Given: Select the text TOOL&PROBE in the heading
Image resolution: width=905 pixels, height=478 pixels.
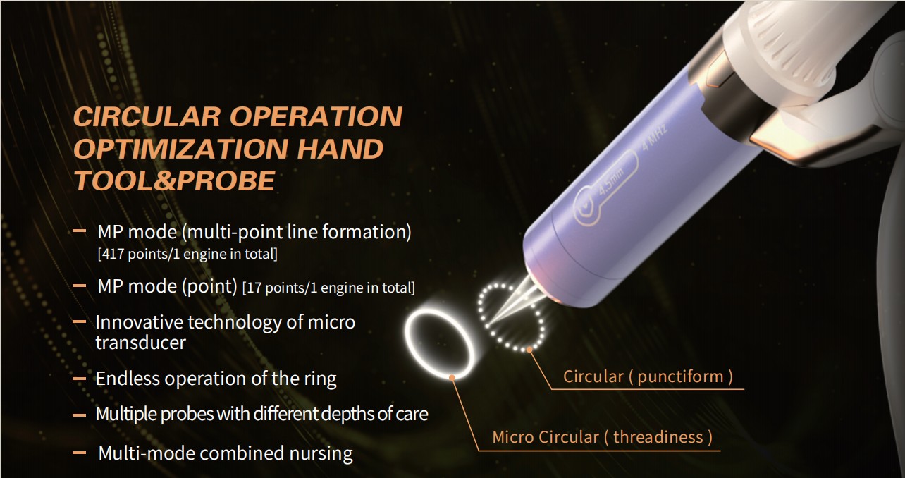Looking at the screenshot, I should coord(174,180).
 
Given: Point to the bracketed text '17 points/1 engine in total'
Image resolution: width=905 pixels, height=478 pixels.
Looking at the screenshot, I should coord(328,288).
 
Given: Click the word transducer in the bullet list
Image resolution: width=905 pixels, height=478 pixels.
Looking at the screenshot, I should coord(140,343).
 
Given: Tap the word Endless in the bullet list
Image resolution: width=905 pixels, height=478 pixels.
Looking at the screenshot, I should coord(127,379).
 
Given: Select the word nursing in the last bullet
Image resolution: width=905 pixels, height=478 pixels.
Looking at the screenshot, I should coord(321,453).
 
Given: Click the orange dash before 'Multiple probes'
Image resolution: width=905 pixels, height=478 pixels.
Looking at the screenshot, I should coord(79,415).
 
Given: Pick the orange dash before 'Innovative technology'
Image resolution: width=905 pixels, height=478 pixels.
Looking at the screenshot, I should coord(79,322).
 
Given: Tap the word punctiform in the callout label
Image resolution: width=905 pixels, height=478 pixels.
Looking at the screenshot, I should coord(680,376).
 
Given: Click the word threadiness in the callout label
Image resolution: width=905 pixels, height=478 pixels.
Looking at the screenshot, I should coord(658,437).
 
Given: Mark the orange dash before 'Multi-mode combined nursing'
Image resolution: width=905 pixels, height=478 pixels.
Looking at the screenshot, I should coord(79,453).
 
